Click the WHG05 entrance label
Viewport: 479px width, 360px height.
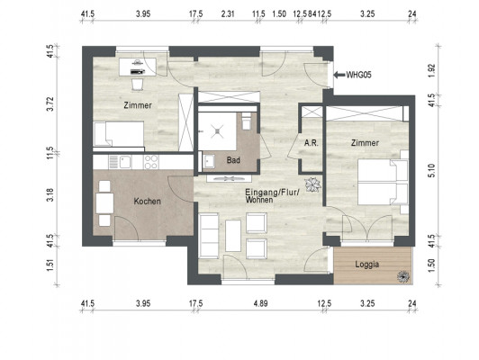pos(358,75)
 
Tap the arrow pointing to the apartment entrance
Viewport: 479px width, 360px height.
pos(339,75)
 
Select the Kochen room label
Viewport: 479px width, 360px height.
pos(148,202)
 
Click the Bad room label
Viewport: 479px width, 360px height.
pos(233,160)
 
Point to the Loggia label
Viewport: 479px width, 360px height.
pos(366,264)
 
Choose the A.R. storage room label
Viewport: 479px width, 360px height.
pos(311,142)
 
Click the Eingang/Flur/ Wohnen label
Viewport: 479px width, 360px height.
pos(273,196)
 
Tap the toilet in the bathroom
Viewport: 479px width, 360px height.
pos(246,121)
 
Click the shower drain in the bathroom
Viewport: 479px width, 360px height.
pos(217,131)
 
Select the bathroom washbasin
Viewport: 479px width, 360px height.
pos(209,161)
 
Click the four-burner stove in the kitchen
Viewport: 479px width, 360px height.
pos(151,162)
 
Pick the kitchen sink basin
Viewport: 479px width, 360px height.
pos(125,161)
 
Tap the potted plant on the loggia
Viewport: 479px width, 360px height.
pos(403,276)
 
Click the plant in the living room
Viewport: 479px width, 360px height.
pos(312,184)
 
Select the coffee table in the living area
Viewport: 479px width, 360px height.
pos(233,236)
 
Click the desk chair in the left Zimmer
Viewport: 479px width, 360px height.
pos(138,85)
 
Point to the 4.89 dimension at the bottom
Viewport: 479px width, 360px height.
pos(260,303)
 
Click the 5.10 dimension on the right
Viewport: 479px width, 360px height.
pos(431,170)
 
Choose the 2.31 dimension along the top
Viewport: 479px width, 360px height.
pos(228,13)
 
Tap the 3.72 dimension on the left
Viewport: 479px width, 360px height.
pos(50,103)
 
